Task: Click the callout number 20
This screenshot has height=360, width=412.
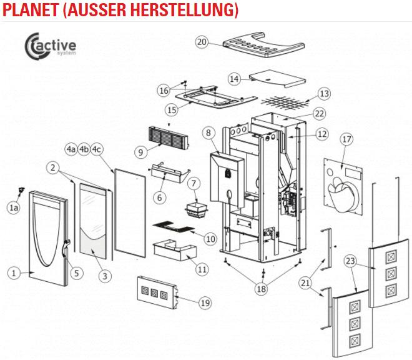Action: pyautogui.click(x=201, y=42)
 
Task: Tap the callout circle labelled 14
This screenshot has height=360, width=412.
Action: pyautogui.click(x=234, y=79)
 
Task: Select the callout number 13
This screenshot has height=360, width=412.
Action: pyautogui.click(x=323, y=93)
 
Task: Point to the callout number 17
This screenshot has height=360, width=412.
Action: pyautogui.click(x=347, y=141)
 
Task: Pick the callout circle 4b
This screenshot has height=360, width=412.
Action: pyautogui.click(x=84, y=149)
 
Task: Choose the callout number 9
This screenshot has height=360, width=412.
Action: pyautogui.click(x=139, y=152)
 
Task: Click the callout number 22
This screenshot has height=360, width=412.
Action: pyautogui.click(x=319, y=114)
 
